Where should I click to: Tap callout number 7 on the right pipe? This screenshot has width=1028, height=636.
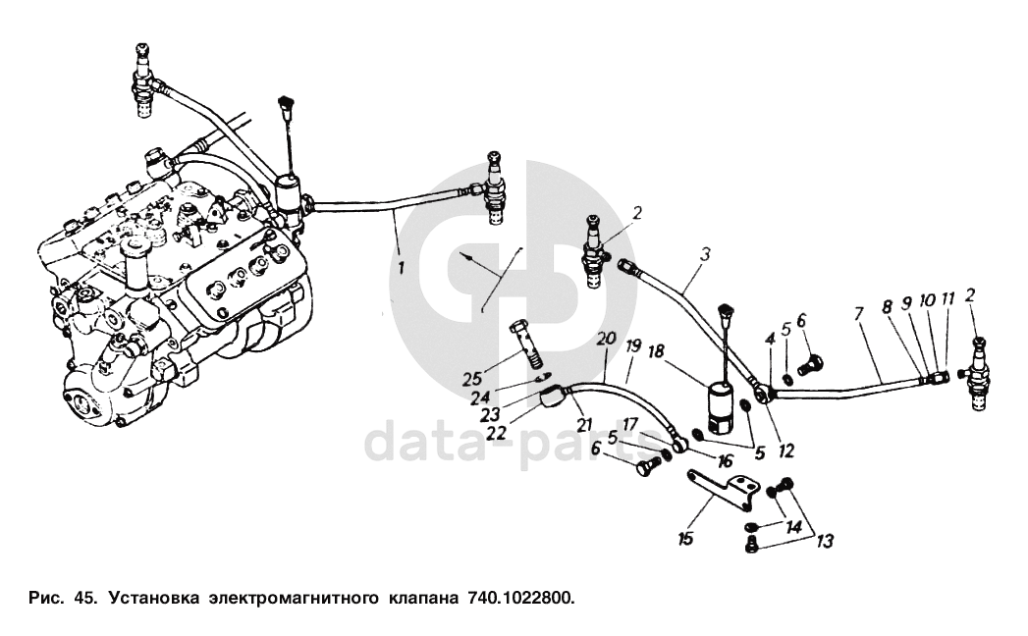point(858,313)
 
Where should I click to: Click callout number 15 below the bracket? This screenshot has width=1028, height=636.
point(685,538)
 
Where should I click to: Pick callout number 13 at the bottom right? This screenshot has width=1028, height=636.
point(823,540)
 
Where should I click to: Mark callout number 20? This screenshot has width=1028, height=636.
point(606,338)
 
